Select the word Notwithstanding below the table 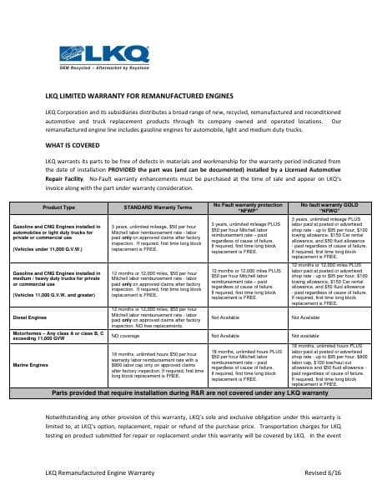[x=72, y=414]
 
